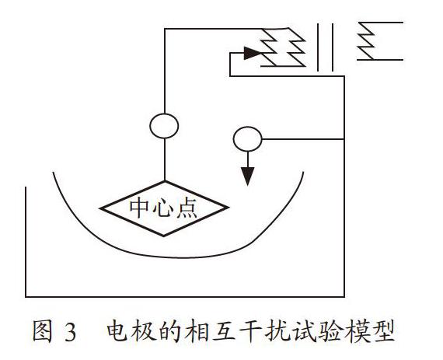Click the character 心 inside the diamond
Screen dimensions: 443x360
click(x=162, y=208)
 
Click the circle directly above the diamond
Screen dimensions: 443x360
click(x=164, y=126)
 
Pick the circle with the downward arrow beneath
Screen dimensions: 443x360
click(x=247, y=139)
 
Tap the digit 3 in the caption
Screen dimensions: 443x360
click(x=71, y=332)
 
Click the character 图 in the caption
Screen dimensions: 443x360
click(x=43, y=331)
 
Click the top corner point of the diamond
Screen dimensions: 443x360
click(x=165, y=181)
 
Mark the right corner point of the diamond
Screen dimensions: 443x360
click(x=228, y=208)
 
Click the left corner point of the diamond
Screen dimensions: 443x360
click(x=100, y=208)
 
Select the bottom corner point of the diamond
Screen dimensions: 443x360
click(x=164, y=236)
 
